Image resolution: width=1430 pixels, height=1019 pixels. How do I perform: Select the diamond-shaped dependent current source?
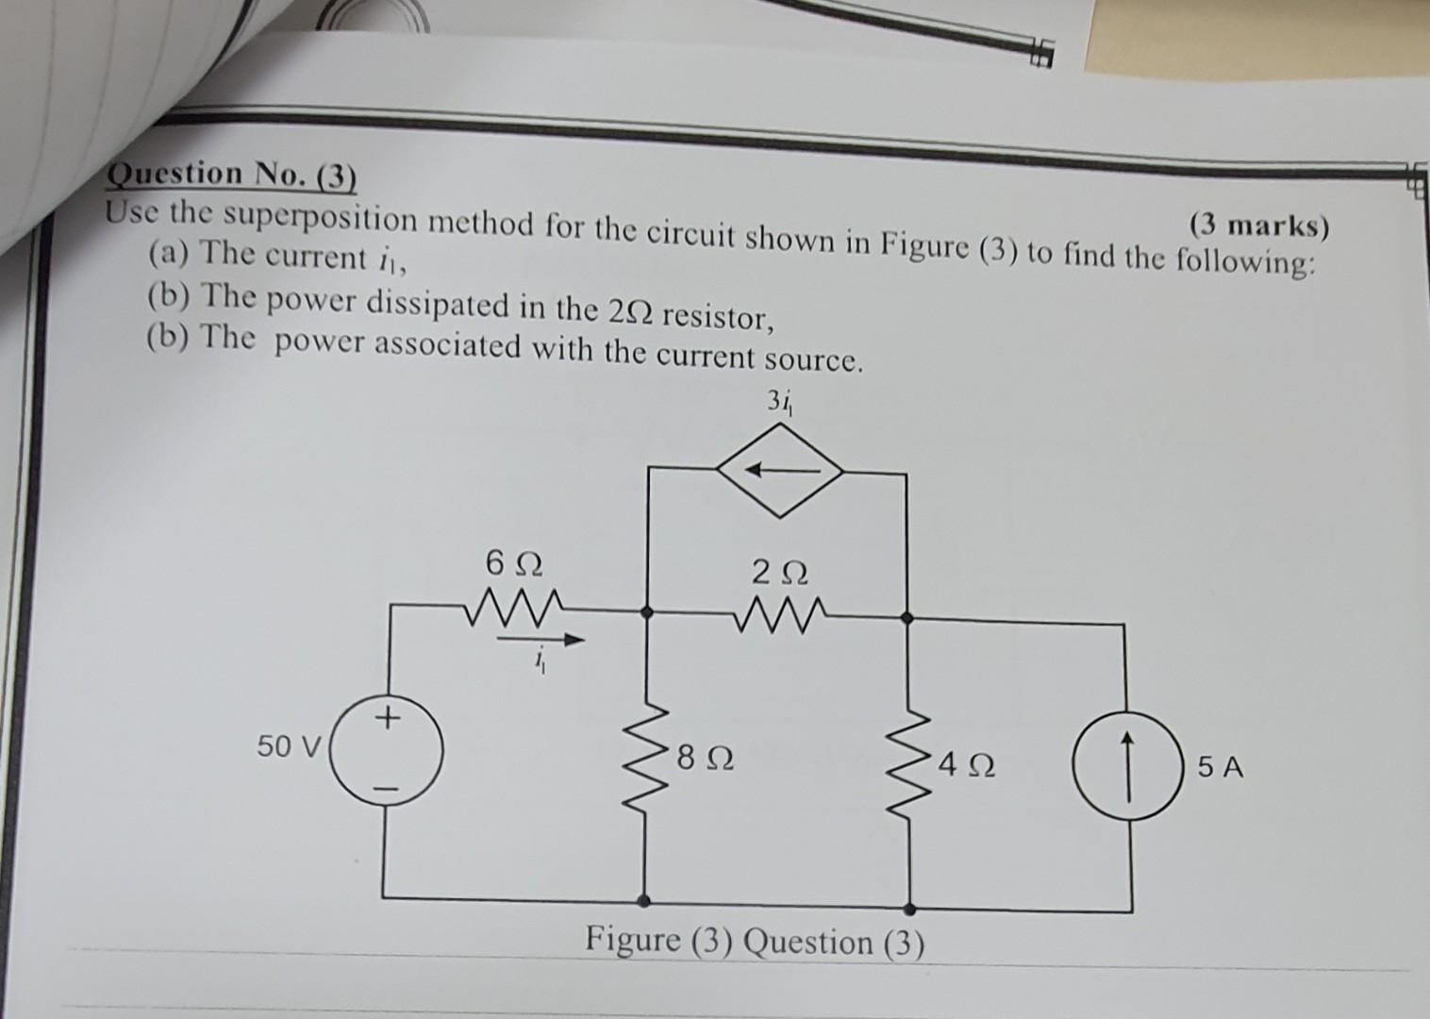[x=779, y=469]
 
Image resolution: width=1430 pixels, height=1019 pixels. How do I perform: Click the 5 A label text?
[x=1222, y=768]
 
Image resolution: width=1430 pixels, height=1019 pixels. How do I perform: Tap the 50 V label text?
[x=289, y=747]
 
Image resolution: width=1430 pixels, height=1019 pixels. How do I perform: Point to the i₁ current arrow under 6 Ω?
[x=542, y=641]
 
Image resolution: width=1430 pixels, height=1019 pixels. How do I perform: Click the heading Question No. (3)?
[x=232, y=174]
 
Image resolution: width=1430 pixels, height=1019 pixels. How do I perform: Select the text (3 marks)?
[x=1257, y=226]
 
